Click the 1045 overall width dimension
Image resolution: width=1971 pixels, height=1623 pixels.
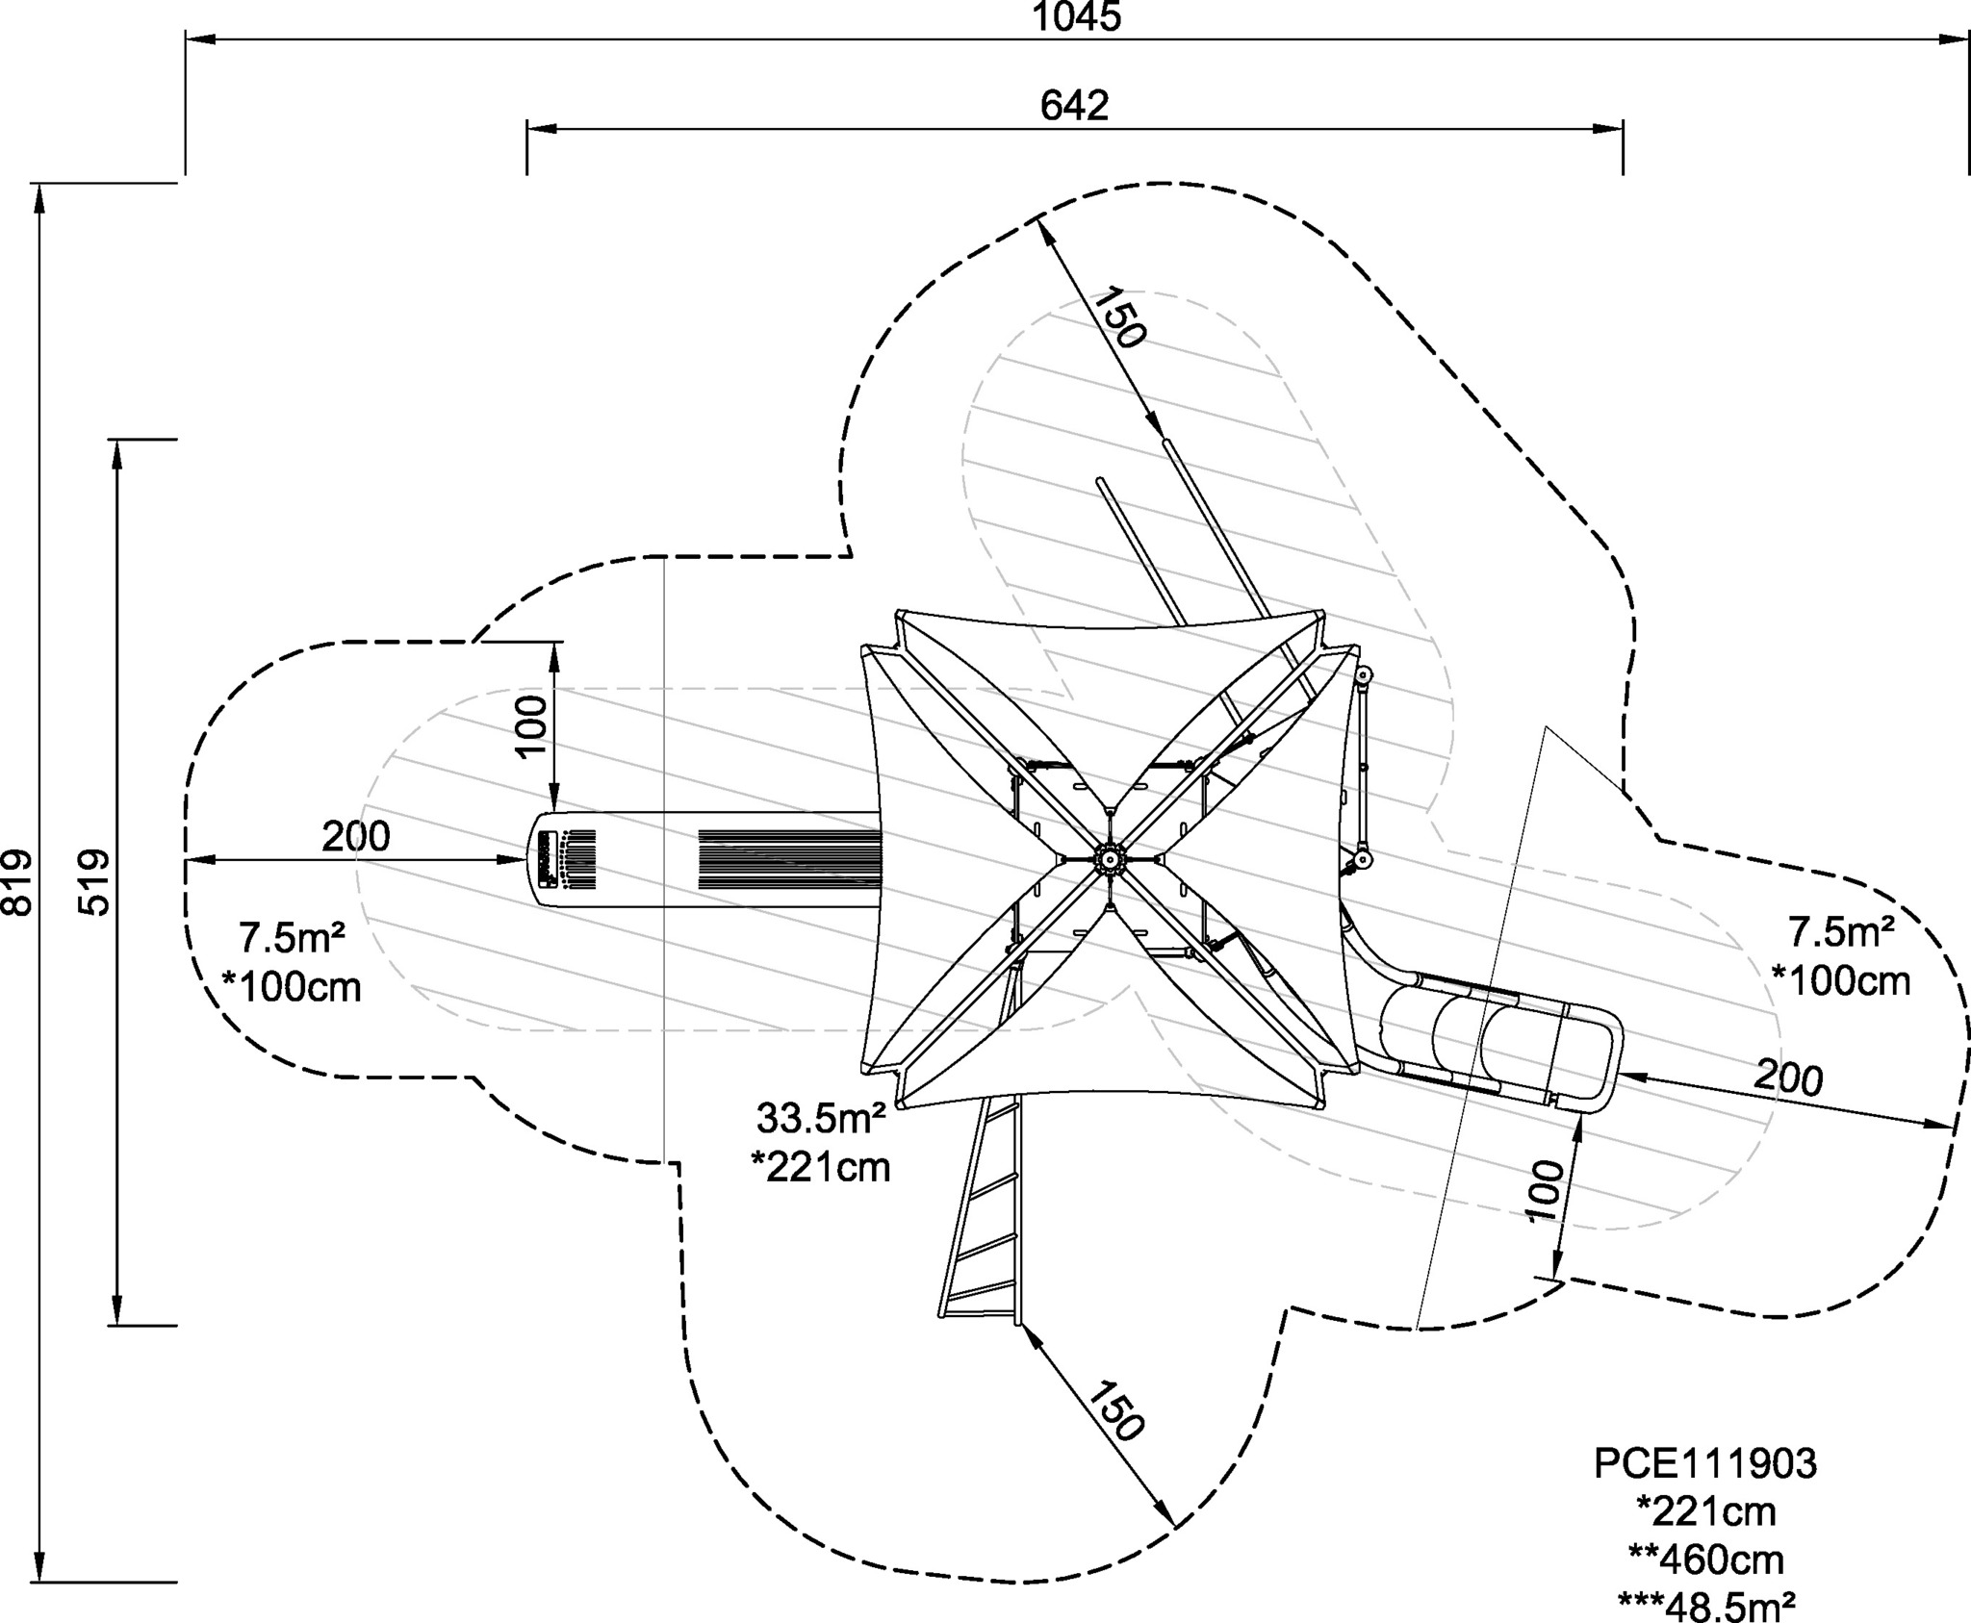(1077, 16)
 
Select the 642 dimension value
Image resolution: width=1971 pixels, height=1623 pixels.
(1074, 106)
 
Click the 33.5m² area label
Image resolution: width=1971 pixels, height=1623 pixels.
(821, 1118)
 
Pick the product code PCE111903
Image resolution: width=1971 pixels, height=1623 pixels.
(1705, 1463)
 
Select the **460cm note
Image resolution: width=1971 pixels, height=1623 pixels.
(1705, 1559)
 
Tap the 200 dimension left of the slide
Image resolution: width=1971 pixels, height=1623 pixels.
(356, 836)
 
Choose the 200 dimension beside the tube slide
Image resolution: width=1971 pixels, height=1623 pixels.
(1788, 1077)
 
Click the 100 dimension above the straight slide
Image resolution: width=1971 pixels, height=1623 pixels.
(531, 726)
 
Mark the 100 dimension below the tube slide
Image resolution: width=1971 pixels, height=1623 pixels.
(1547, 1191)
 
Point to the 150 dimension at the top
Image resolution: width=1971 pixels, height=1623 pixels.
(1118, 317)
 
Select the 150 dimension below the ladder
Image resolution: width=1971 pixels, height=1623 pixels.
(1116, 1411)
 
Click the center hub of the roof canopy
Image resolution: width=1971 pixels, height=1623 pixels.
(1109, 858)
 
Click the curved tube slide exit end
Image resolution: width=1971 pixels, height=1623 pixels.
(1606, 1059)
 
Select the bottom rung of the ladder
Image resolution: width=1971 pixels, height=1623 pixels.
(977, 1312)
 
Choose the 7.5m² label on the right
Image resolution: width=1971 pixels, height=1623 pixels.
(1841, 931)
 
